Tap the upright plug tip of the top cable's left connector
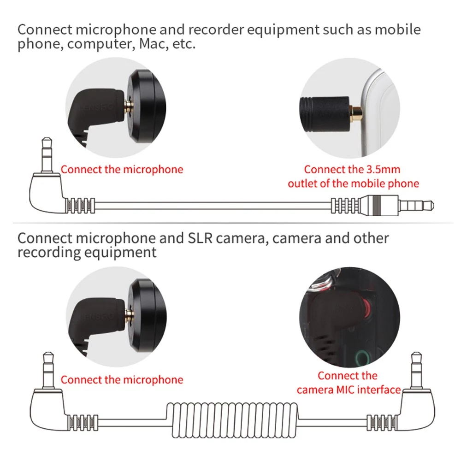coord(47,152)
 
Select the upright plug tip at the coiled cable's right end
coord(416,368)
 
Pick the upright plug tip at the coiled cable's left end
coord(47,368)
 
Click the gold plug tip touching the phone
coord(356,111)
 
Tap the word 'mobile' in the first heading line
coord(397,30)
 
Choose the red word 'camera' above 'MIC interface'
coord(313,390)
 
